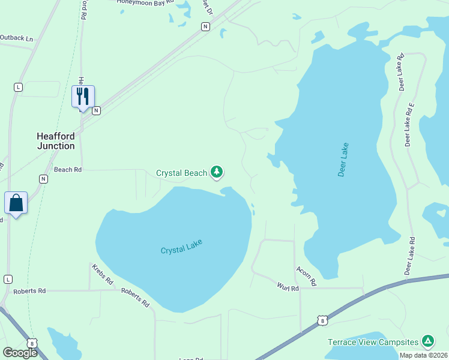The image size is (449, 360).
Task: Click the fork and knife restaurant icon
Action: click(x=83, y=95)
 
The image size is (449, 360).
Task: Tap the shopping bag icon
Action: click(x=16, y=203)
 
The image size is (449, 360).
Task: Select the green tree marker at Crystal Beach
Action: click(x=217, y=173)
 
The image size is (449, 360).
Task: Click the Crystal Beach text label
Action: click(x=181, y=173)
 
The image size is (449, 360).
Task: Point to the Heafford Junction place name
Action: click(x=56, y=141)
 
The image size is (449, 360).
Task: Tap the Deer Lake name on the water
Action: click(x=343, y=160)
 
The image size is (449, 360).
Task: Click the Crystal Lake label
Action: click(x=181, y=247)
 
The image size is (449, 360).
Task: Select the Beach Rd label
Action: click(x=67, y=170)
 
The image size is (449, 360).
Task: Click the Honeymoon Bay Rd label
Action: click(x=142, y=2)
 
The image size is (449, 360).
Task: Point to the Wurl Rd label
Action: click(x=288, y=288)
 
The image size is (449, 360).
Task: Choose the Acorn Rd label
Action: click(x=306, y=275)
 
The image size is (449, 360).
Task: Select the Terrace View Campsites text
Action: click(x=373, y=342)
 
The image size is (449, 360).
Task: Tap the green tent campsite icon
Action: click(x=428, y=341)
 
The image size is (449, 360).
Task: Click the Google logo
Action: click(x=20, y=353)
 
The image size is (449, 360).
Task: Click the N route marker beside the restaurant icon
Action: click(x=96, y=110)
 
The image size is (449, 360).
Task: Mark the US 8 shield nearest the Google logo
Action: click(x=33, y=343)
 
